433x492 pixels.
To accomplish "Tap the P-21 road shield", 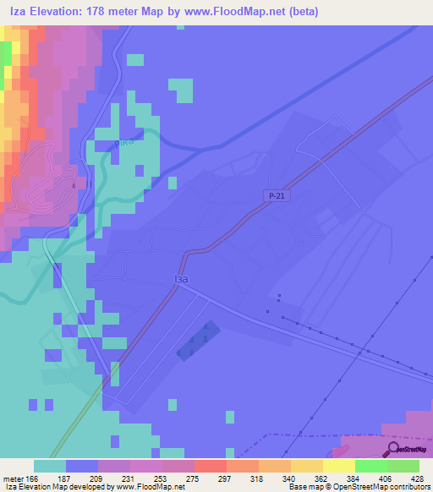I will point(269,195).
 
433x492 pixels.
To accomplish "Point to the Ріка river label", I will point(124,141).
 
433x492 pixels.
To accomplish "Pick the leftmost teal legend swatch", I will point(49,466).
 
